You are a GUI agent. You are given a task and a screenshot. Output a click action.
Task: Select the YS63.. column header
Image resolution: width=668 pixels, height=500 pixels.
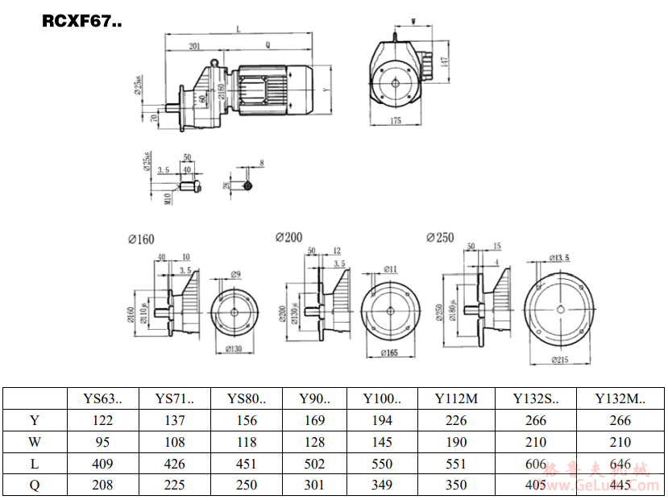[x=102, y=398]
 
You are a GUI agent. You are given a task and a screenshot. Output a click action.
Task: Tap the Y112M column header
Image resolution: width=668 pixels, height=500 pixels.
[x=456, y=398]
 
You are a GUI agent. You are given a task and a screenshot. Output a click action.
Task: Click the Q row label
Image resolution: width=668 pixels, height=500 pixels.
[x=34, y=485]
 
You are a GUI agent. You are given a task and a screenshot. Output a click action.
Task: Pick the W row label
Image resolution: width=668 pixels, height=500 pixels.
[x=34, y=442]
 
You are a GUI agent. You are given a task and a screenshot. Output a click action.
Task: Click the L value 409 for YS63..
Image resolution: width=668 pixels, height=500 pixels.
[x=102, y=464]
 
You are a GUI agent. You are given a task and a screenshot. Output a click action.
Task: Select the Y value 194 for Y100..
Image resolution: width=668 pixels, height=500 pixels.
[x=382, y=420]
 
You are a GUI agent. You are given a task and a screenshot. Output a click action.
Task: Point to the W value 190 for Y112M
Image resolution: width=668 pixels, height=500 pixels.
[x=456, y=442]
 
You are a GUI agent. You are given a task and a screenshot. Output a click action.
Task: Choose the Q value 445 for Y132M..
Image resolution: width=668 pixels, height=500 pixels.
[x=620, y=485]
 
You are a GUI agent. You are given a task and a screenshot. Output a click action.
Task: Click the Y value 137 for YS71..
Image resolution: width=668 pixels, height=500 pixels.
[x=174, y=420]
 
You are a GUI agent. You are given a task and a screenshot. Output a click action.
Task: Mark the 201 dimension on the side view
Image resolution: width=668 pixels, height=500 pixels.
[x=194, y=48]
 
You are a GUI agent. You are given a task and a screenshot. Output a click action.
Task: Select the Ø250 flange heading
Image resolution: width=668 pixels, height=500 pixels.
[x=440, y=238]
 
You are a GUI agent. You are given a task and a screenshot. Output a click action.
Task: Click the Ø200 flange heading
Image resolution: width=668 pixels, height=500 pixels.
[x=288, y=238]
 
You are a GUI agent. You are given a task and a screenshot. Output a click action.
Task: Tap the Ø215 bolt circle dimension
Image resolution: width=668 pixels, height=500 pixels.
[x=562, y=360]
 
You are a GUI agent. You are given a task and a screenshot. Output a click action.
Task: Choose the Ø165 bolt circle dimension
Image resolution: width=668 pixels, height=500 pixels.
[x=391, y=352]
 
